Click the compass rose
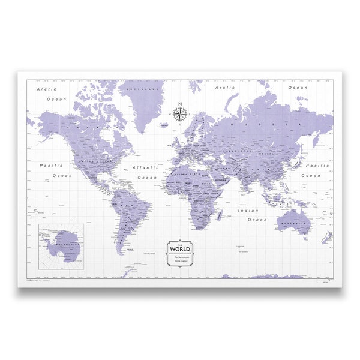tap(179, 113)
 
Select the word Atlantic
tap(146, 168)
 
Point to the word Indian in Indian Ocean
tap(248, 211)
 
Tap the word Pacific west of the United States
tap(52, 165)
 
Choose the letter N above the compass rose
tap(179, 103)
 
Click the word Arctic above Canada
tap(47, 89)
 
